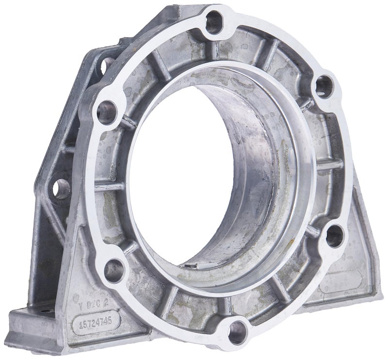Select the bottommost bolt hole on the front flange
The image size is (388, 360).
238,333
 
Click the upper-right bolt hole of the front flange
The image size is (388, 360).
323,86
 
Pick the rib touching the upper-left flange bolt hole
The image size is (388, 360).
126,121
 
